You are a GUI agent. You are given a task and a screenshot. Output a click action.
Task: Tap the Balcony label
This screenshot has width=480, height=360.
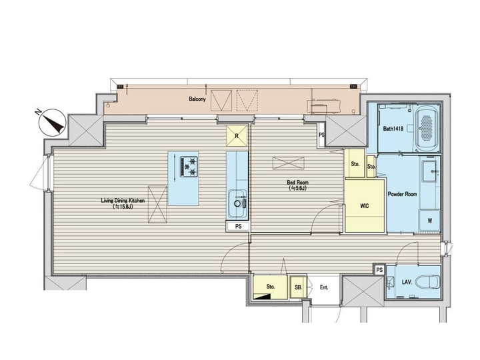coord(197,99)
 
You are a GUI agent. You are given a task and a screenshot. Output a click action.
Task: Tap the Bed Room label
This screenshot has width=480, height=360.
coord(296,185)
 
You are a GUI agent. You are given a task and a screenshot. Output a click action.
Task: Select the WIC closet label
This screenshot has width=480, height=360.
coord(364,205)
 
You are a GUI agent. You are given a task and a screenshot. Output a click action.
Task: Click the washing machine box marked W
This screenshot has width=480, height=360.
coord(429,219)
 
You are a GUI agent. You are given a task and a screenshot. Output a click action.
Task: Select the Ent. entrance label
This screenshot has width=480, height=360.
coord(323,287)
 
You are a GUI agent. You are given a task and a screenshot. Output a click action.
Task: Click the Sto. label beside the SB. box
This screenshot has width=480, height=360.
coord(271,287)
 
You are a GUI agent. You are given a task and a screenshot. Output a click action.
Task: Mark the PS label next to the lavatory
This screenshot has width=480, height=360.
coord(379,270)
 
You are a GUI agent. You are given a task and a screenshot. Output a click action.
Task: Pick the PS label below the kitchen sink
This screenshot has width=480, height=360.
coord(238,227)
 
